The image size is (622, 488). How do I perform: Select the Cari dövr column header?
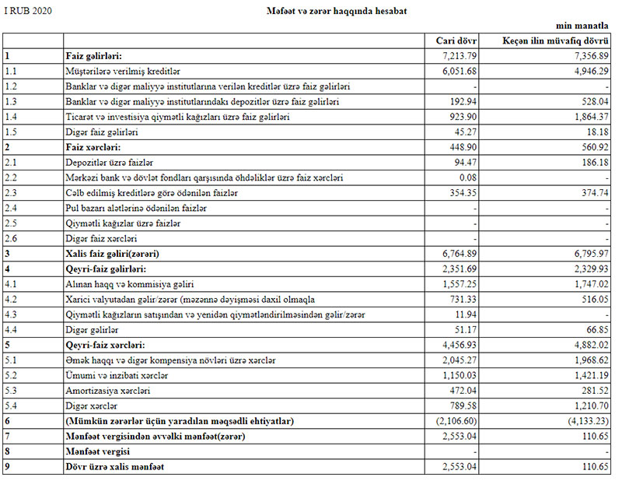[x=457, y=41]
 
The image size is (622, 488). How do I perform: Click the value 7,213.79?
[x=458, y=57]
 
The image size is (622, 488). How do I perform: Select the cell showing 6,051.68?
[x=458, y=72]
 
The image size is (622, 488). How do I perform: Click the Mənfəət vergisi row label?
[x=97, y=451]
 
